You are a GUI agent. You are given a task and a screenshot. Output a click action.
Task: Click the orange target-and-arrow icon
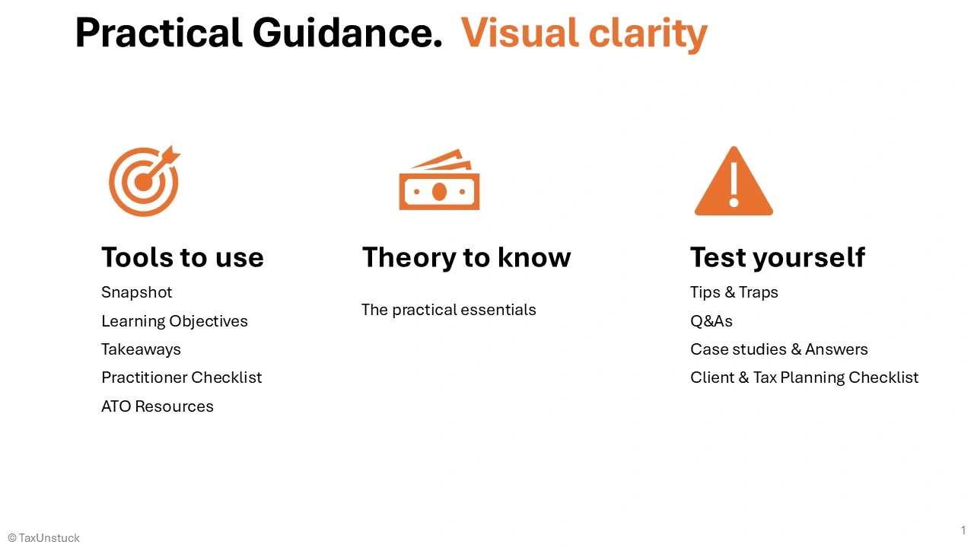144,181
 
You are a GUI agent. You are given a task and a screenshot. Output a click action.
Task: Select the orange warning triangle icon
734,183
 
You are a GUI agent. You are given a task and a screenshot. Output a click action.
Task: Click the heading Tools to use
183,257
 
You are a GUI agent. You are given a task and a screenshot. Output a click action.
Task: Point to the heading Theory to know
466,257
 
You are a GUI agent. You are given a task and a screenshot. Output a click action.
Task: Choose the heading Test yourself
777,257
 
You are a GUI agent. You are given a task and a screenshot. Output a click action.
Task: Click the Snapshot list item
137,292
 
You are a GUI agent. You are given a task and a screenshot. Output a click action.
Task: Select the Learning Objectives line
174,321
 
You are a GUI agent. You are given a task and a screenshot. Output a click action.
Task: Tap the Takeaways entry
141,349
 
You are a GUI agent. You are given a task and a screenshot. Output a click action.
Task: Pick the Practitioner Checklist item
181,378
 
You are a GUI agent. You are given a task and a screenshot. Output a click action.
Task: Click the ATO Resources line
158,406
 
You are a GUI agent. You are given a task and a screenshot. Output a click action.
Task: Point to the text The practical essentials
448,310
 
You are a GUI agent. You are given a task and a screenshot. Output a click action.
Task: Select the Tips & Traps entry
734,292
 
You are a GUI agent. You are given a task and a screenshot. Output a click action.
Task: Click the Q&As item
711,321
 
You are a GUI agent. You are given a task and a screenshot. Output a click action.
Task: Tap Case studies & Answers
778,349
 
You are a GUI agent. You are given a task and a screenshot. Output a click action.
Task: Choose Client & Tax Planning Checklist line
804,378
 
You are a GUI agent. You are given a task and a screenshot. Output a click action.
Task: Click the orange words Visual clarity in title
584,33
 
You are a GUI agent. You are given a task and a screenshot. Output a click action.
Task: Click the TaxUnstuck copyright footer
44,538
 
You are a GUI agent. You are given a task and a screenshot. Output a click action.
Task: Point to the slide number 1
963,530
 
